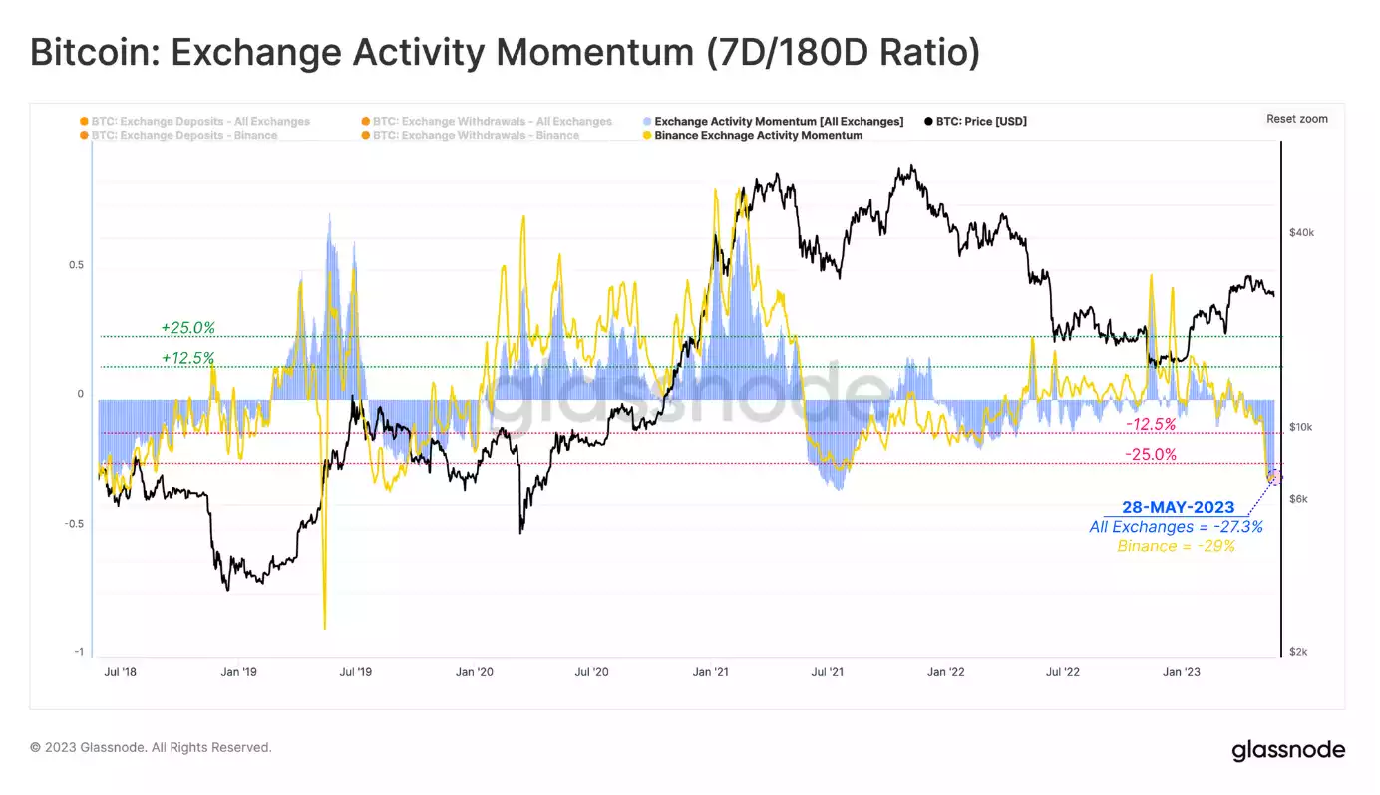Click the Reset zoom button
1296,119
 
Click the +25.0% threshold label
187,327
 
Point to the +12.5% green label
187,357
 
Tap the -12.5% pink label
1151,424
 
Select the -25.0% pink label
1151,454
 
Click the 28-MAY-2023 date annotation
1178,507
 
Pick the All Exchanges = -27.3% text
1176,526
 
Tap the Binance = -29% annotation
1176,546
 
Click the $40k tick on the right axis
1301,233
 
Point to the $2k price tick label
1297,652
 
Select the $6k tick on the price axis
1297,498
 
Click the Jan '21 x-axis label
709,672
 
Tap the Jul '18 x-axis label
121,672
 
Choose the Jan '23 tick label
1182,672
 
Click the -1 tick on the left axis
78,652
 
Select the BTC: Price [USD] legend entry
980,122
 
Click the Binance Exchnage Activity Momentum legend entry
758,135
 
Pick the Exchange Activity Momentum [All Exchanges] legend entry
778,122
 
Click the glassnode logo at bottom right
1288,750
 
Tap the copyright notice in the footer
151,747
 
